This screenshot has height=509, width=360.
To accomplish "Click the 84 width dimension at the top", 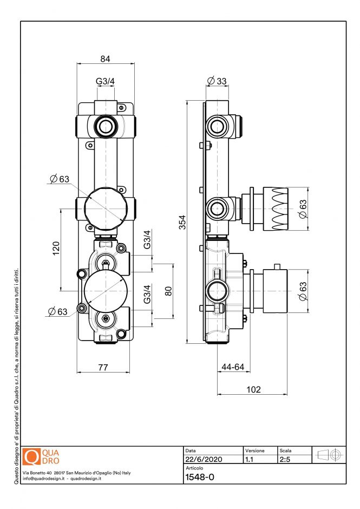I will click(106, 58).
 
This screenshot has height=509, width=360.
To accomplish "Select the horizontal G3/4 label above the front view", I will click(106, 81).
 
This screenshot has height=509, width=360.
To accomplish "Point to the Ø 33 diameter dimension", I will click(217, 81).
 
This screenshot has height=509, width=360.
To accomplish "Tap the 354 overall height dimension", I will click(182, 221).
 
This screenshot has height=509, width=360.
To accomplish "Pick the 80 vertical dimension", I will click(168, 290).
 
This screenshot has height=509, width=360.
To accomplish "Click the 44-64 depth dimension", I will click(233, 367).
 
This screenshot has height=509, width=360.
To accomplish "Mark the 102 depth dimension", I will click(253, 389).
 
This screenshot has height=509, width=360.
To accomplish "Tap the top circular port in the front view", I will click(106, 128).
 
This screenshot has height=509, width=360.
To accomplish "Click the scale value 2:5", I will click(285, 459).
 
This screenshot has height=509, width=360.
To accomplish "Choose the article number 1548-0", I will click(200, 478).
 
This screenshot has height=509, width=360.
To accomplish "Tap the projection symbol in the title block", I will click(330, 455).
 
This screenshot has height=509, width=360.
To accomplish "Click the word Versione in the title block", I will click(255, 451).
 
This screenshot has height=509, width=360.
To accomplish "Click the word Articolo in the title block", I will click(194, 468).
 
